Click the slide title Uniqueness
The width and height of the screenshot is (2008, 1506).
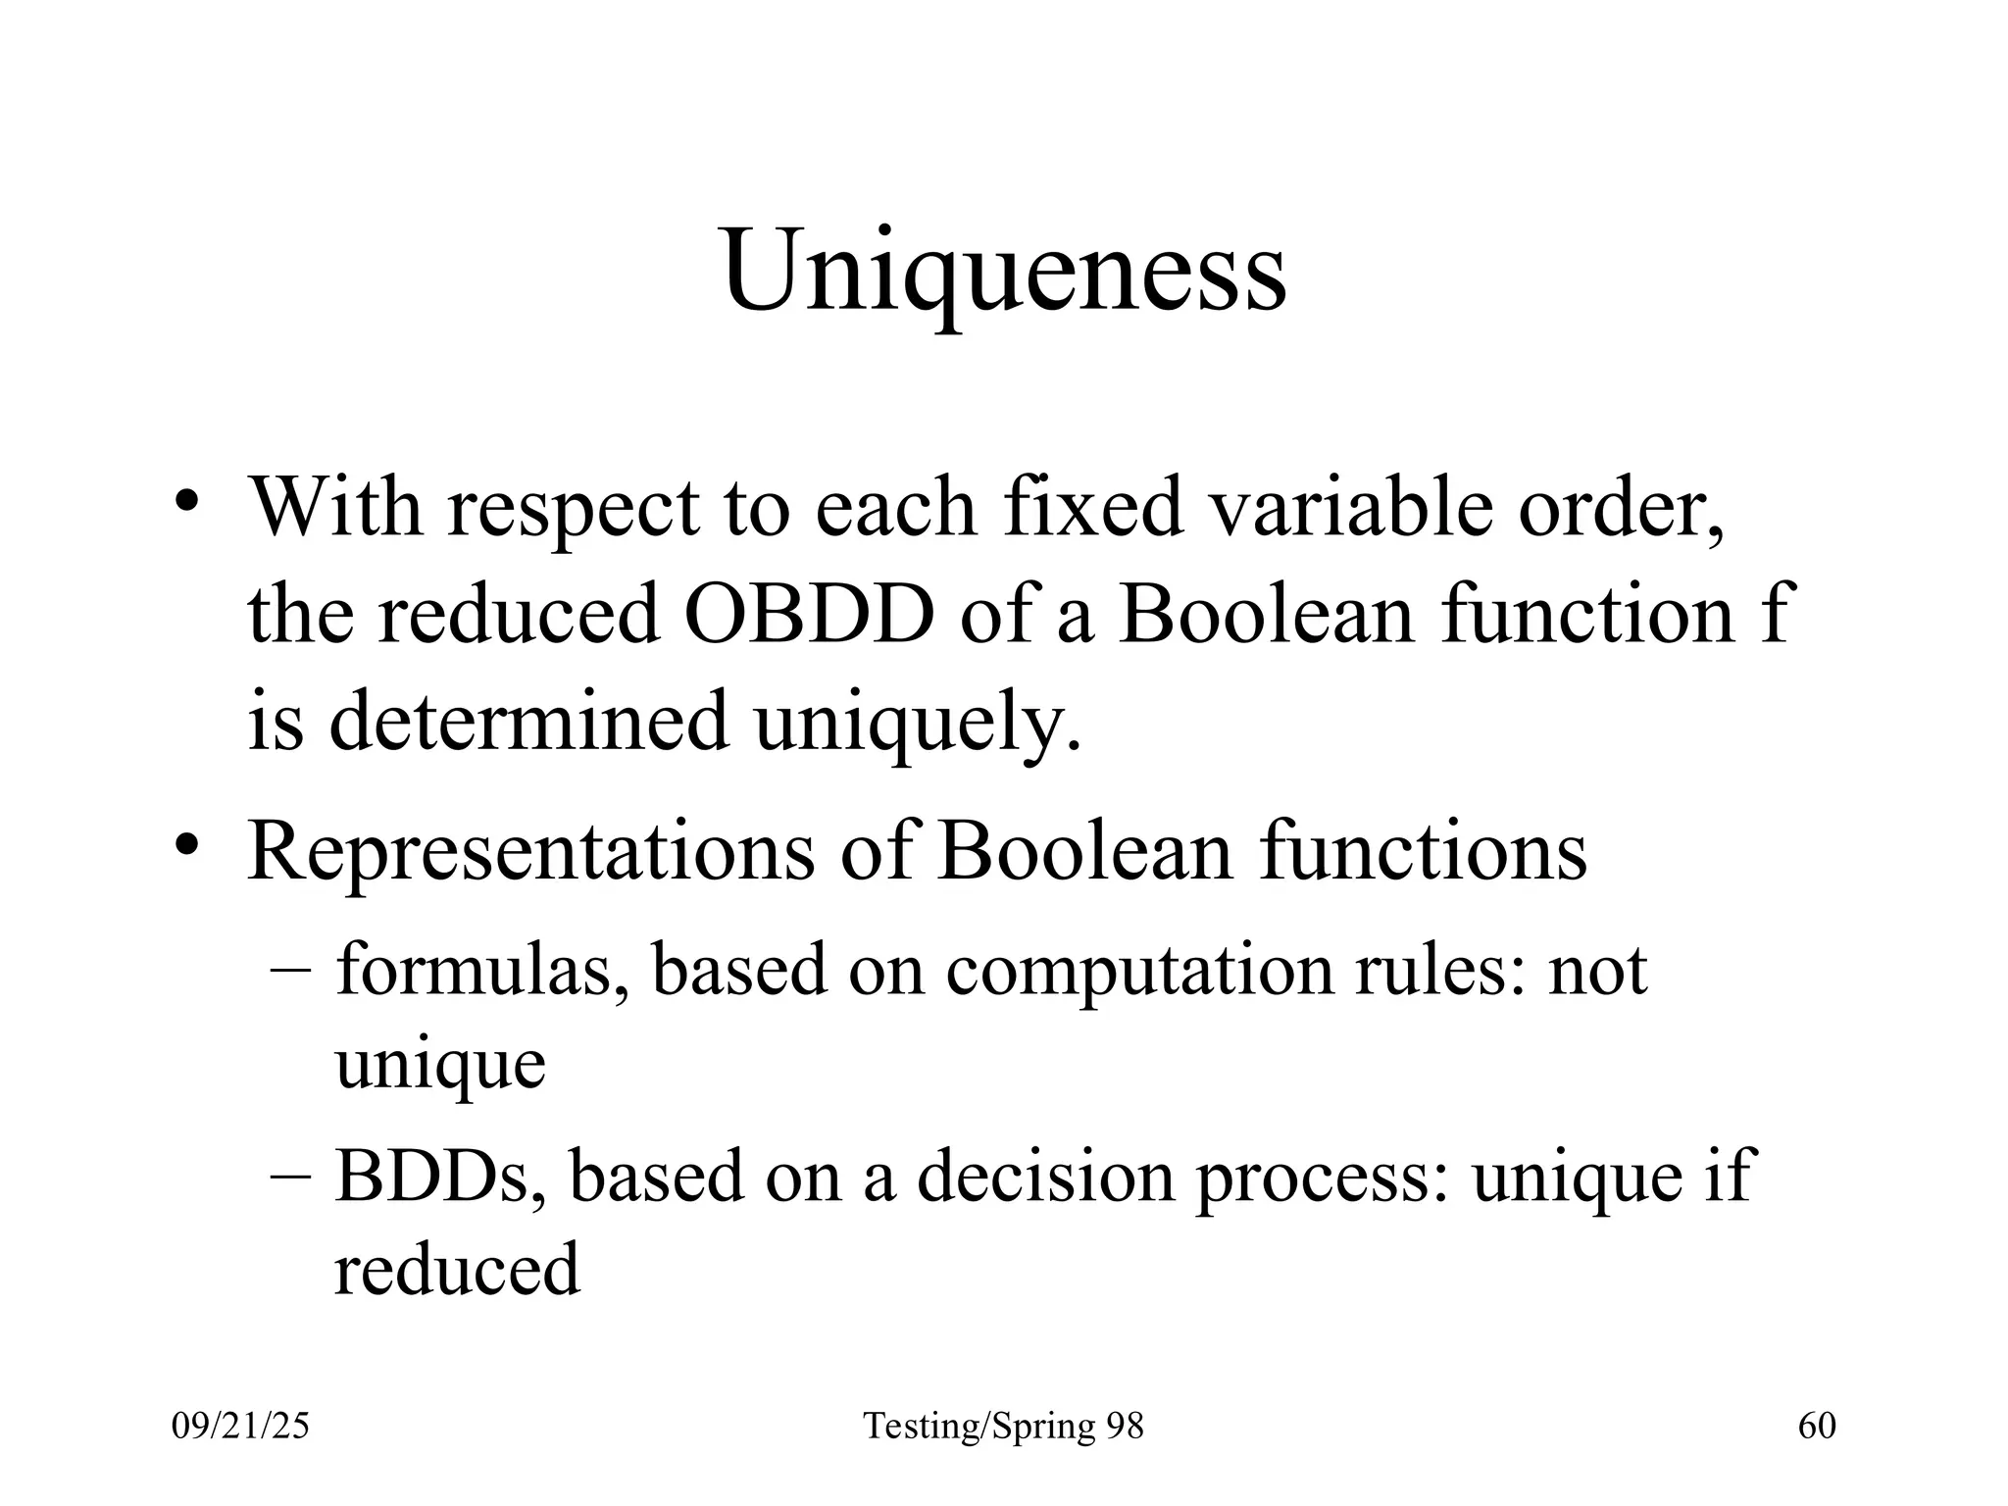(x=1004, y=270)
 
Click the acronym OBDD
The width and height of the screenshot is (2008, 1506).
(x=809, y=615)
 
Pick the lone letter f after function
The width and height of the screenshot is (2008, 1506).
(x=1777, y=615)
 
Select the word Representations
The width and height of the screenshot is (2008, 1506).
(x=530, y=851)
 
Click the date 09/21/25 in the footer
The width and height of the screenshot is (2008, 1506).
(x=240, y=1426)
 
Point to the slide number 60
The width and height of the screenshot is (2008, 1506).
(x=1817, y=1426)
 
